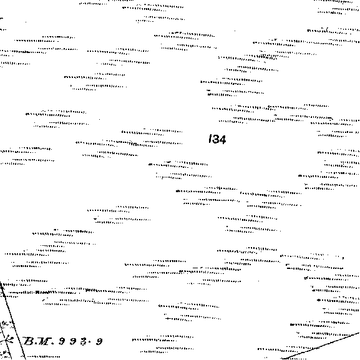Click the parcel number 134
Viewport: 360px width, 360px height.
coord(217,139)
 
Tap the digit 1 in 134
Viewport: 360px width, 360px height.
coord(210,139)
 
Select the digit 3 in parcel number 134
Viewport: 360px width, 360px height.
coord(215,139)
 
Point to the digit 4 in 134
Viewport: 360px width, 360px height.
coord(223,139)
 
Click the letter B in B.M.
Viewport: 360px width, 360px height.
coord(29,341)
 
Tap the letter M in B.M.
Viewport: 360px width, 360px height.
coord(43,341)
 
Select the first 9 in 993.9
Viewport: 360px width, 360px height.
coord(62,341)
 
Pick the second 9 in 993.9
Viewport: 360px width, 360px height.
coord(73,341)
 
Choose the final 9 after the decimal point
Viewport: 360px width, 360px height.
coord(99,341)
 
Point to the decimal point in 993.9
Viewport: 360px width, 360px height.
coord(90,341)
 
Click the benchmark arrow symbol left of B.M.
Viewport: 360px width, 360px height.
coord(7,340)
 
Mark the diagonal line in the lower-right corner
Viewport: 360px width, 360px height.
coord(321,346)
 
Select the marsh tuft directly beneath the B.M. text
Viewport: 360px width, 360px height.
coord(42,356)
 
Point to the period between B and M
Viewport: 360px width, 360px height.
coord(36,344)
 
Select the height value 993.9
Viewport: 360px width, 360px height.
coord(80,341)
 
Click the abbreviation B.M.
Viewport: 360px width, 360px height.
coord(39,341)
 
